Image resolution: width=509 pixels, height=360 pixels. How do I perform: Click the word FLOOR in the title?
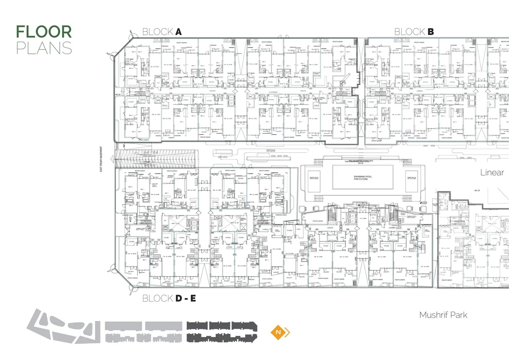click(44, 32)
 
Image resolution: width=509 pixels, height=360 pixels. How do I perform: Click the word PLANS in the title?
click(44, 48)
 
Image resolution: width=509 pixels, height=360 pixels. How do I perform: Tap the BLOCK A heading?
click(162, 32)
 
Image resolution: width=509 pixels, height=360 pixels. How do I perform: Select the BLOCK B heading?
click(414, 32)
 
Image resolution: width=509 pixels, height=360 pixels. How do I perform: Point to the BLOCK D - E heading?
click(169, 299)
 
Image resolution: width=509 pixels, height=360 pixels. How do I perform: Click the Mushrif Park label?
click(443, 315)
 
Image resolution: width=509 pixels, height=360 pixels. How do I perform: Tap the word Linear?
click(492, 172)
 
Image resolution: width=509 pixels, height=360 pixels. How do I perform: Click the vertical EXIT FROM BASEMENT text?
click(101, 157)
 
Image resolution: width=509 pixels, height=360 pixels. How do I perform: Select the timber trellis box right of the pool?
click(412, 177)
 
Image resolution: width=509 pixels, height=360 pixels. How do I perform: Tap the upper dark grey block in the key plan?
click(221, 326)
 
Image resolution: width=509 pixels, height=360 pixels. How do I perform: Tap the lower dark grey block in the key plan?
click(221, 338)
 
